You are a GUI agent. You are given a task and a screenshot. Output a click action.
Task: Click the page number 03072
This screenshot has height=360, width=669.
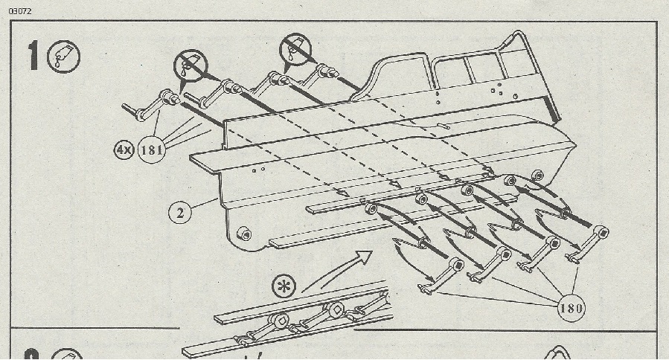(x=19, y=11)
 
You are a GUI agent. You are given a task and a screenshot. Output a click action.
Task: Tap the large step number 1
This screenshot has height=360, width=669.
(x=33, y=56)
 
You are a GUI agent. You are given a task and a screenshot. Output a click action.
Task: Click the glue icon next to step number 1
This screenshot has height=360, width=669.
(x=63, y=57)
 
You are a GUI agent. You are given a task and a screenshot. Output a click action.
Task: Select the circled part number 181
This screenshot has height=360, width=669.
(x=152, y=150)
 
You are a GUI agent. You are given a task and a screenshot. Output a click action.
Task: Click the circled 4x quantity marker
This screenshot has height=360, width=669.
(x=124, y=150)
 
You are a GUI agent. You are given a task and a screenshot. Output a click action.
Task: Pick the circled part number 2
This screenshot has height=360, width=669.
(x=180, y=213)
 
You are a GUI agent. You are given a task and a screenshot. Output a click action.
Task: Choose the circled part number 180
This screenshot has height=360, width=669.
(x=571, y=307)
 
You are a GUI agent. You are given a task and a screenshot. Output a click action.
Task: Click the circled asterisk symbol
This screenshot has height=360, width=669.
(x=284, y=286)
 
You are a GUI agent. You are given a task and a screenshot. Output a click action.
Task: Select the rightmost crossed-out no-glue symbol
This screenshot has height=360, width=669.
(x=295, y=49)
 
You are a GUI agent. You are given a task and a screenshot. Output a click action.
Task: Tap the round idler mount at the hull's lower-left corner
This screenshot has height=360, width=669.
(x=244, y=234)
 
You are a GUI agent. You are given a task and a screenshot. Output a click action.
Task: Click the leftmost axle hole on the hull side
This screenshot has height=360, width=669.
(x=370, y=209)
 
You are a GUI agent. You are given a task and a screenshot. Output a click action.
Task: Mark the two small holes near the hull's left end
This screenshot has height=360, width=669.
(x=258, y=170)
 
